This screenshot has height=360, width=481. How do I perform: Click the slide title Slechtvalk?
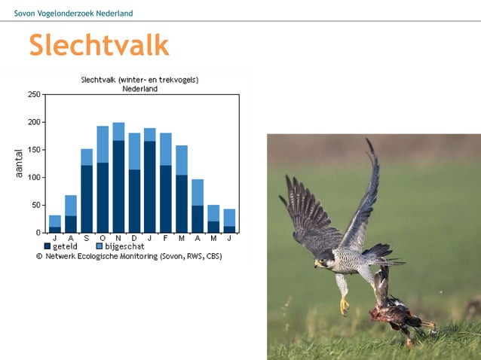point(99,46)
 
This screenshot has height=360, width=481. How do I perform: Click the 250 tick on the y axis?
point(34,94)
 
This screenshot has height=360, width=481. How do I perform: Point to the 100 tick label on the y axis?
point(34,178)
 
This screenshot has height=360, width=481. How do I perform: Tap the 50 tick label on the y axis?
point(35,206)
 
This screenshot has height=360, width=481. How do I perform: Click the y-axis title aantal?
point(19,163)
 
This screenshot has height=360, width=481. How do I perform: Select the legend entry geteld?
point(64,246)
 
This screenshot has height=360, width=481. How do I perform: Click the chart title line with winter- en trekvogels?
point(139,80)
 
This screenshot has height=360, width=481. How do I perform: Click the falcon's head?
point(326,261)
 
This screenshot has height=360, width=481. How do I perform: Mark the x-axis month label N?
point(118,238)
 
